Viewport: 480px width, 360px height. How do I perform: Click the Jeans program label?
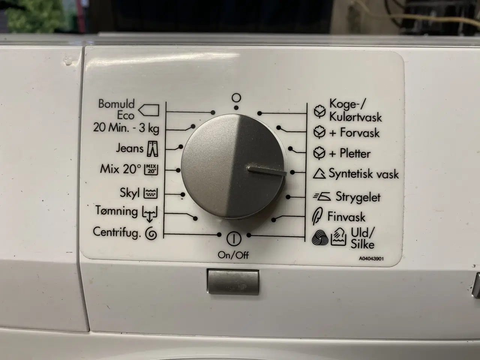[x=129, y=148]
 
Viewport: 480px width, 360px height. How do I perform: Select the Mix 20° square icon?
[x=151, y=169]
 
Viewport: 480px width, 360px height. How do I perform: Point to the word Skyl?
[x=129, y=193]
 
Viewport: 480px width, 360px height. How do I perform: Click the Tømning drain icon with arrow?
[x=150, y=213]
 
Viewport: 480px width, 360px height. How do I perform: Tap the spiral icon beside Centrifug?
[x=151, y=234]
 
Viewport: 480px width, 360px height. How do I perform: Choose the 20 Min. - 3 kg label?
[x=126, y=128]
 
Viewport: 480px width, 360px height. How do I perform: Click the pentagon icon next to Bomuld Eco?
[x=149, y=110]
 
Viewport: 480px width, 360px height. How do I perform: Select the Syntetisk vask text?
[x=364, y=174]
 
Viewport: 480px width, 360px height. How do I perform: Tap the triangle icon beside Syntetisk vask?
[x=319, y=173]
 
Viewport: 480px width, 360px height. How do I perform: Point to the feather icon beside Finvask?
[x=317, y=216]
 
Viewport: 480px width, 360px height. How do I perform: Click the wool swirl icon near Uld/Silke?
[x=320, y=237]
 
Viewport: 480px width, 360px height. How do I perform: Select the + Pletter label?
[x=349, y=153]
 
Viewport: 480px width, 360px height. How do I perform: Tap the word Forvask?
[x=360, y=133]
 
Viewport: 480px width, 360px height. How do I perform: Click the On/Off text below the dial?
[x=233, y=255]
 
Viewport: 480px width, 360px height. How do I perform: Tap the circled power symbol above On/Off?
[x=234, y=239]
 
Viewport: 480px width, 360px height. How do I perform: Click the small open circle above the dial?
[x=236, y=98]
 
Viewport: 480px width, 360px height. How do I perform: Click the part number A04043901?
[x=371, y=259]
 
